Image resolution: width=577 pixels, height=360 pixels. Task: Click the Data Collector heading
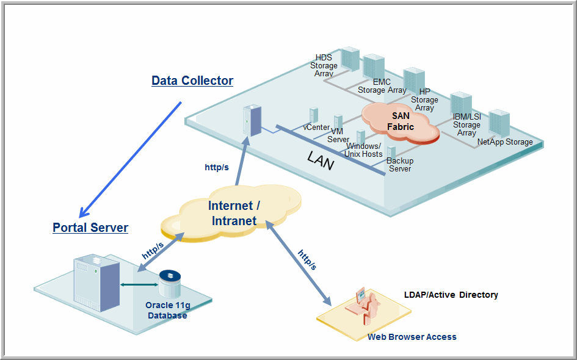coord(192,81)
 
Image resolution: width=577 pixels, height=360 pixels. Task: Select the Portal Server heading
coord(90,228)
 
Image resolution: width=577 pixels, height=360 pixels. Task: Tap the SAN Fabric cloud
coord(401,121)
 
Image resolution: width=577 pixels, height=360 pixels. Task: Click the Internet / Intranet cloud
coord(234,213)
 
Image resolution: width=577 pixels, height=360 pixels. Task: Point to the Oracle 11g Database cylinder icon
coord(170,283)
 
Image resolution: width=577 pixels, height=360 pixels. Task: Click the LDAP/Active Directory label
coord(451,295)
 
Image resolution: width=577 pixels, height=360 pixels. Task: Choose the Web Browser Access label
coord(412,337)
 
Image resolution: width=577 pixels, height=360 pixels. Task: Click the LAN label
coord(321,161)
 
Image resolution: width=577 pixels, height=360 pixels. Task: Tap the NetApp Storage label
coord(505,142)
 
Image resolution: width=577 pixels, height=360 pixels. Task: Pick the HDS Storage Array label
coord(324,66)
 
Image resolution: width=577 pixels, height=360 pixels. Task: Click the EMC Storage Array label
coord(382,86)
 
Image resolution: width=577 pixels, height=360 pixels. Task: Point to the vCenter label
coord(316,128)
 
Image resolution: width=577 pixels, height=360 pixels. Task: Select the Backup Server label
coord(400,165)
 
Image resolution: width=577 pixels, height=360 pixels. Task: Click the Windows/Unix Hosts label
coord(363,150)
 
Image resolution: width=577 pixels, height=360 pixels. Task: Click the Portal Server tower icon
coord(96,283)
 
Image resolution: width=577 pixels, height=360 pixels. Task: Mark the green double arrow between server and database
coord(137,284)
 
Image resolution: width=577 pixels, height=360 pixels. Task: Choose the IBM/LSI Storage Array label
coord(466,124)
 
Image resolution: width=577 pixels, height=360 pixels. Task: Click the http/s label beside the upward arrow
coord(217,167)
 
